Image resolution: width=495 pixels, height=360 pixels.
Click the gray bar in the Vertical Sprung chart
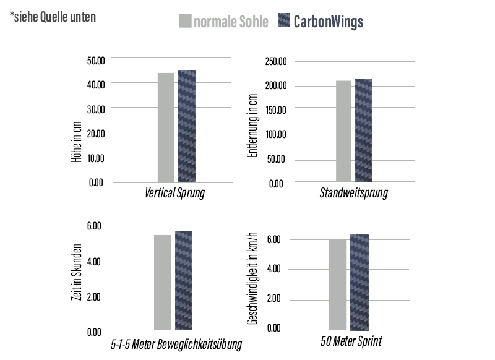(165, 127)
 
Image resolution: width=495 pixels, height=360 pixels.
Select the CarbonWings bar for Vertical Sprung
(186, 126)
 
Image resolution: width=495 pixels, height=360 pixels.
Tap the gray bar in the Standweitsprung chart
(343, 131)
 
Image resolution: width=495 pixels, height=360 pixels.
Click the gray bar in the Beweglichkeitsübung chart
(162, 282)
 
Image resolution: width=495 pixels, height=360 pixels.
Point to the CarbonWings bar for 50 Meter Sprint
(359, 282)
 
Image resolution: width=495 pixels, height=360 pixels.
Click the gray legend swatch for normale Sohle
(185, 21)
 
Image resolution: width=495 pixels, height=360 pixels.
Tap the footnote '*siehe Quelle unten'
(53, 17)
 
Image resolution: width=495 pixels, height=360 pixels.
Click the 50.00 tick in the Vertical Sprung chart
(96, 59)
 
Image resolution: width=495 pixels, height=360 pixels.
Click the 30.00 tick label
(96, 108)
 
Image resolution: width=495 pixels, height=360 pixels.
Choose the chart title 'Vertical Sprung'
(174, 193)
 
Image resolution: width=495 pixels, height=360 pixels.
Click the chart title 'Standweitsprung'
(353, 193)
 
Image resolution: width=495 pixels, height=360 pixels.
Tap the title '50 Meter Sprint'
(351, 341)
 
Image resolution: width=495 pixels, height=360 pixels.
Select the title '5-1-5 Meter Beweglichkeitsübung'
(173, 344)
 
